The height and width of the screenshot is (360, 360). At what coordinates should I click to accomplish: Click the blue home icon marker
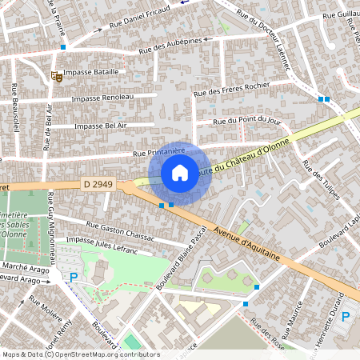coord(180,172)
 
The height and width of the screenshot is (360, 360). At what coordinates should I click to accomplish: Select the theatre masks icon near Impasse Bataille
coord(56,77)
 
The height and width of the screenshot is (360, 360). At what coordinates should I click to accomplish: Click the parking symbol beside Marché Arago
coord(74,278)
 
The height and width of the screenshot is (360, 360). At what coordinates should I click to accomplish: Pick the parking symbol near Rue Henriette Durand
coord(346,316)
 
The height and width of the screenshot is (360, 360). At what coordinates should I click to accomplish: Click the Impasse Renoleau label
coord(102,98)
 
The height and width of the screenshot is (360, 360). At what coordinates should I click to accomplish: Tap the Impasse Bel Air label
coord(100,126)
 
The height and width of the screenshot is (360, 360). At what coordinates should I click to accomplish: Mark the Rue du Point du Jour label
coord(247,120)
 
